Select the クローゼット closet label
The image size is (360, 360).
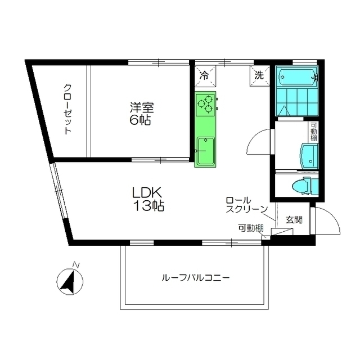[67, 109]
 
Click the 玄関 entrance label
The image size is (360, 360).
[294, 219]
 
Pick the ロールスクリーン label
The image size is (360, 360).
[246, 205]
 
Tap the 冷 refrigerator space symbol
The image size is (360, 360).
[204, 74]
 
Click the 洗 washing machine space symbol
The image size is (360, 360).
[259, 74]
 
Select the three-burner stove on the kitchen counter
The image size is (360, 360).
[205, 104]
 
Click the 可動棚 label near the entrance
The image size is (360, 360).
[250, 228]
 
